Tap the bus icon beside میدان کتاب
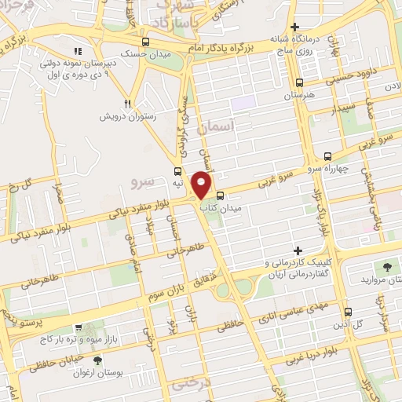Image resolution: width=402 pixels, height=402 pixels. (221, 196)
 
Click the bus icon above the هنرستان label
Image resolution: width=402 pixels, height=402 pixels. (299, 82)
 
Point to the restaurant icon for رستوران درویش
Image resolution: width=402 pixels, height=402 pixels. (128, 103)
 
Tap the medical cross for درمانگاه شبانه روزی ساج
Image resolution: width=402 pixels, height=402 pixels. (294, 27)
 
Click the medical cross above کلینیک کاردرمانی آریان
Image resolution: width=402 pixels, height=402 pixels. (296, 249)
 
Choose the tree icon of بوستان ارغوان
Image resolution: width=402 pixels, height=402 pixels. (97, 360)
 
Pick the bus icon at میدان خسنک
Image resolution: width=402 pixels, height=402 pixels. (145, 42)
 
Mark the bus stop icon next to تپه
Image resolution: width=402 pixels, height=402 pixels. (178, 170)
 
